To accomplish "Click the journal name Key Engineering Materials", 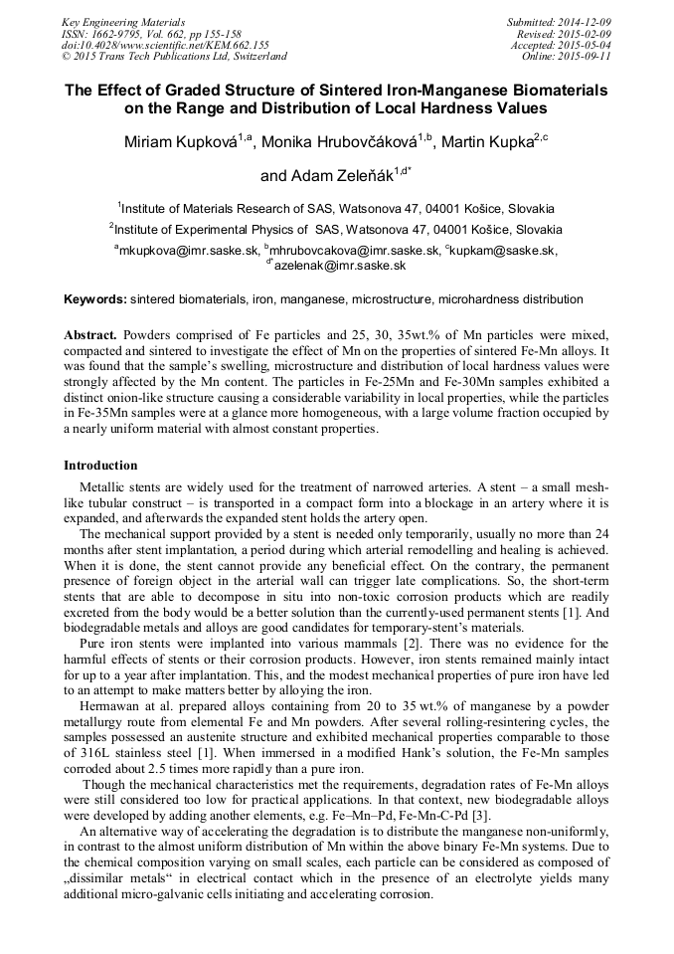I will pos(123,21).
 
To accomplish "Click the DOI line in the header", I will pos(165,45).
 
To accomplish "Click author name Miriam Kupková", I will pos(180,143).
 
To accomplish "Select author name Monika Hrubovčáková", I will pos(341,143).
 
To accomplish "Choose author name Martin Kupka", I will pos(485,143).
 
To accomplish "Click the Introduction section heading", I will pos(100,465).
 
